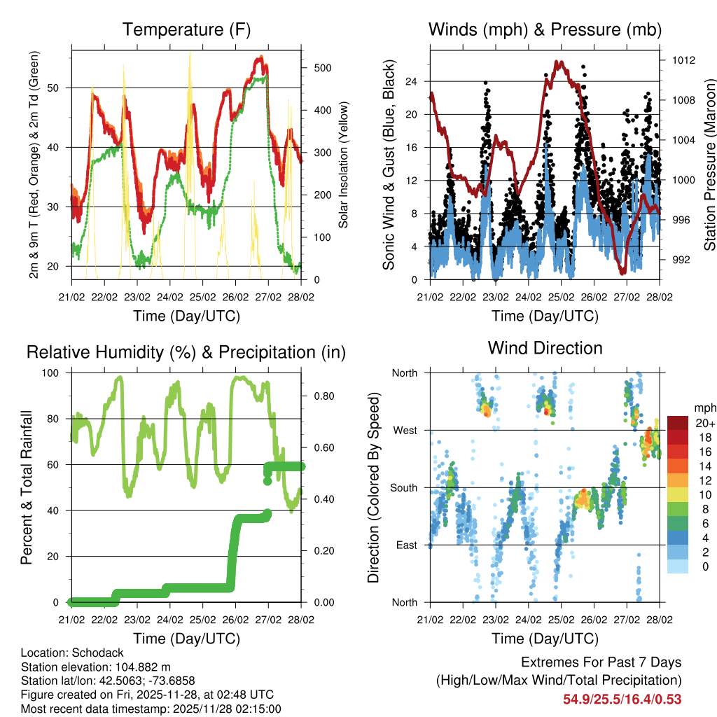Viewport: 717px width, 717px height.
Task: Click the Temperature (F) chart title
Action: coord(186,29)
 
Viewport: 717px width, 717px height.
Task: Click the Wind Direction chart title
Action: coord(545,347)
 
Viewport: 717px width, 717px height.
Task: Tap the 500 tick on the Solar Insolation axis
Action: coord(323,68)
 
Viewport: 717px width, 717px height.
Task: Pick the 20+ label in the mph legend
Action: coord(705,423)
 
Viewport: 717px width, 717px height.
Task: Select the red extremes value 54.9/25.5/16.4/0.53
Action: coord(622,699)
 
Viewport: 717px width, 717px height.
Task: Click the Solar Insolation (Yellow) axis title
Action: coord(343,165)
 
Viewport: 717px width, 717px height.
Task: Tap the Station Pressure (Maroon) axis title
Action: coord(709,165)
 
